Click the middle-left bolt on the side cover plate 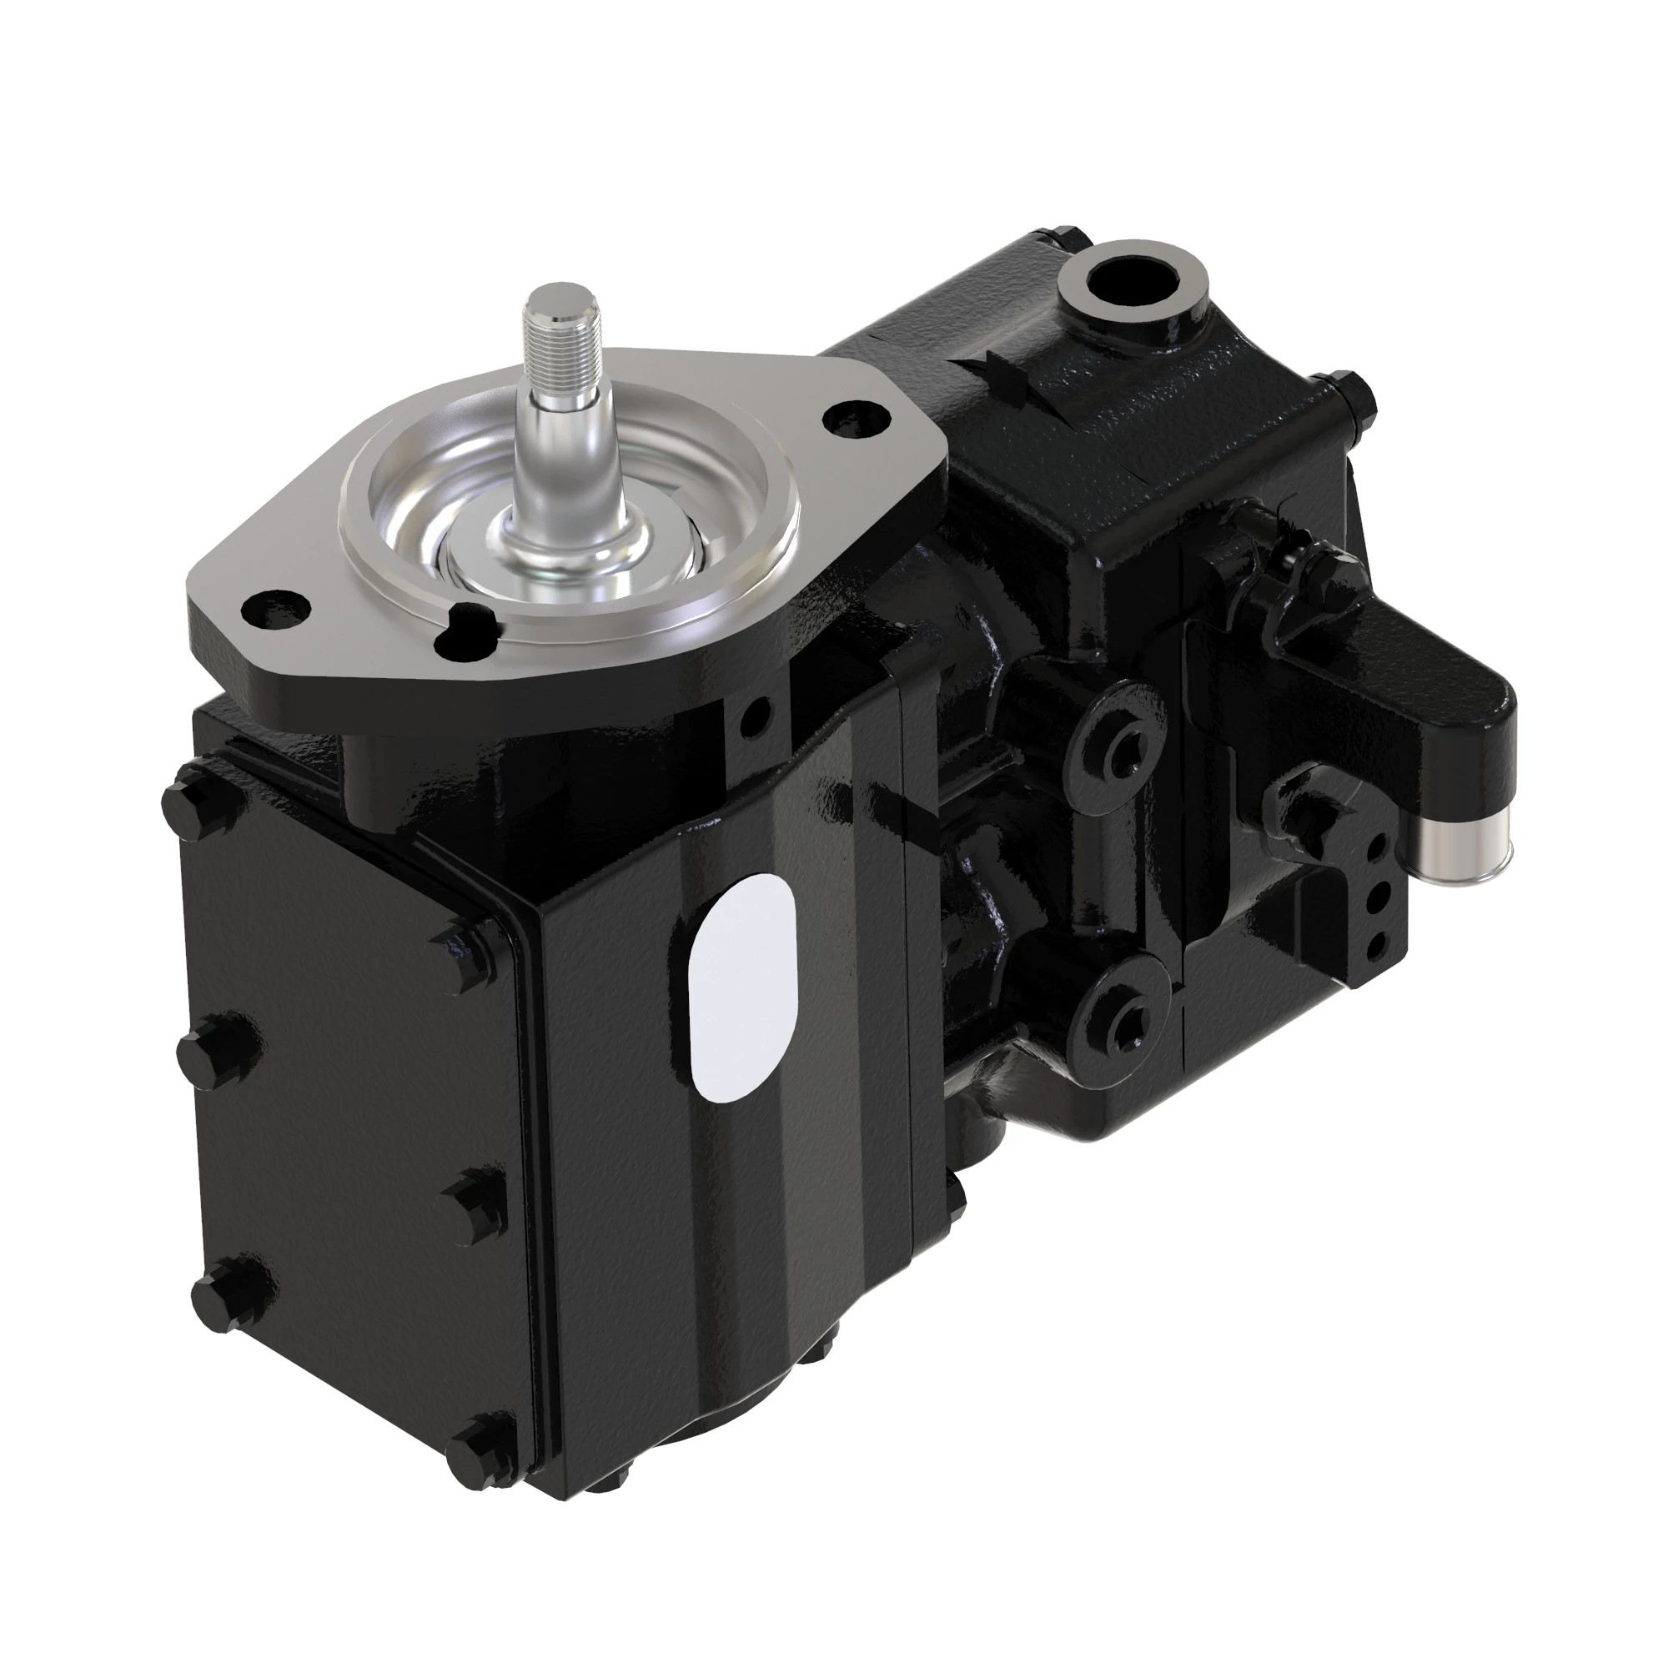[212, 1048]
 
